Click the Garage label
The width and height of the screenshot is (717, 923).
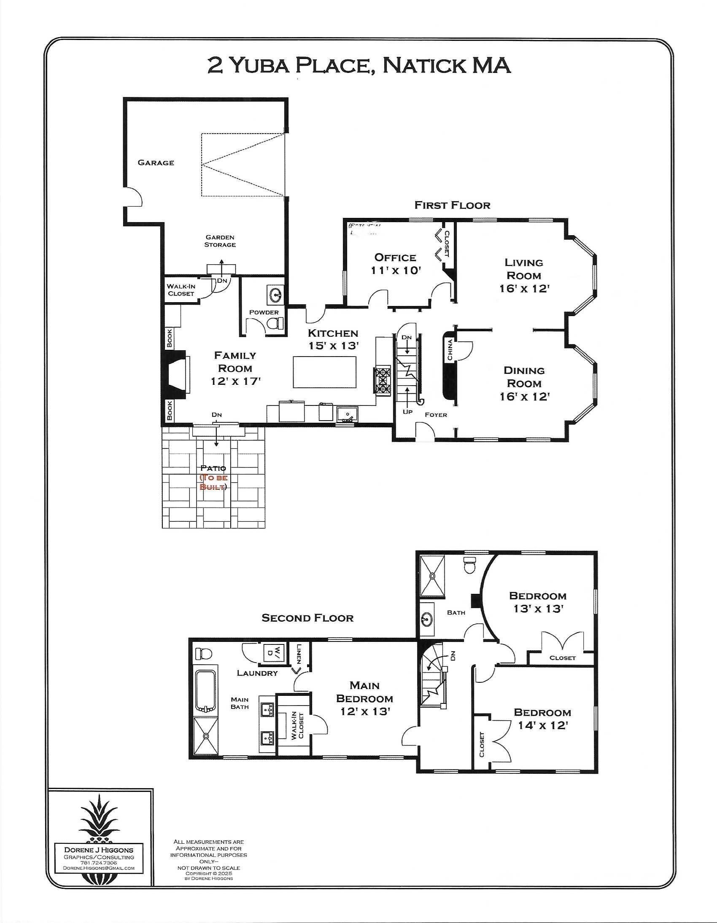tap(156, 163)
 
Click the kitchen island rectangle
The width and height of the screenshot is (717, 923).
tap(324, 372)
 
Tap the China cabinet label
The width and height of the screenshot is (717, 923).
tap(450, 350)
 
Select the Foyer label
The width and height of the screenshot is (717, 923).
tap(436, 415)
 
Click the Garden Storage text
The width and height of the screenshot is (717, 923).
tap(220, 241)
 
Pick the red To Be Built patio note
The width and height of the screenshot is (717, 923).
tap(213, 482)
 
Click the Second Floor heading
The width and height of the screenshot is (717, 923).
tap(307, 618)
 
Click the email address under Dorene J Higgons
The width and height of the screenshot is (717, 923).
tap(99, 868)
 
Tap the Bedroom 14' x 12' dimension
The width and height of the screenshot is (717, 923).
tap(542, 726)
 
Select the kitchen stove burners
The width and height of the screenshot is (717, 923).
tap(382, 381)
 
